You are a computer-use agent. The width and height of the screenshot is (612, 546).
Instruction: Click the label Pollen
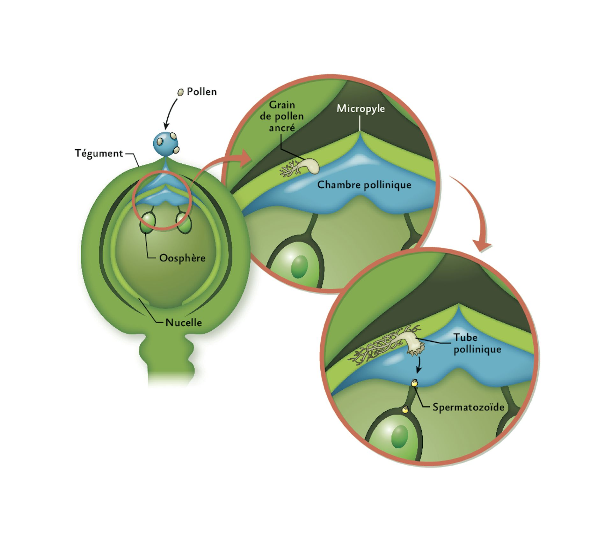click(201, 92)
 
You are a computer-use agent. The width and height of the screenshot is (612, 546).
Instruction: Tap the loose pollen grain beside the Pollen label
click(180, 92)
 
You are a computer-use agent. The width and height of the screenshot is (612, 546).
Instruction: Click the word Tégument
click(99, 153)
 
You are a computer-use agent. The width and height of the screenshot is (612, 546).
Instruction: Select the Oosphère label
click(182, 258)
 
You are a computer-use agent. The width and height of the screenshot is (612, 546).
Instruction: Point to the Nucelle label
click(184, 323)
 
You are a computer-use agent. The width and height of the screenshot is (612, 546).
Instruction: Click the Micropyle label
click(361, 109)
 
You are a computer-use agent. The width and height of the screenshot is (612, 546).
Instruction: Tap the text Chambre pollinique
click(364, 185)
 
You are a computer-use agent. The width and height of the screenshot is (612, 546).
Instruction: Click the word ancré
click(282, 128)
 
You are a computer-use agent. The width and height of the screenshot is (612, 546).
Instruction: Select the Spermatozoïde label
click(468, 407)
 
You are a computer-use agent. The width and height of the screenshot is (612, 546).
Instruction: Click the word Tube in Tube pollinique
click(465, 337)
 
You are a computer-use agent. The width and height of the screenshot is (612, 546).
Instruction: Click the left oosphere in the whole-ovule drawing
click(148, 222)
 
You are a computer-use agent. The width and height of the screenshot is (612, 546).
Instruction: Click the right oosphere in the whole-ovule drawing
click(184, 222)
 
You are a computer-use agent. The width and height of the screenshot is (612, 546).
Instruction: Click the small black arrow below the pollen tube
click(419, 365)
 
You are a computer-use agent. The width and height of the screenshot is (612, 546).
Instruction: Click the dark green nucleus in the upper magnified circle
click(300, 267)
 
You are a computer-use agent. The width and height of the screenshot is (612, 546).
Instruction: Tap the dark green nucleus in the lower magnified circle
click(400, 437)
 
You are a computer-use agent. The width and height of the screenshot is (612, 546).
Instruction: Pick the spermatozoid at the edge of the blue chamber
click(414, 383)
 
